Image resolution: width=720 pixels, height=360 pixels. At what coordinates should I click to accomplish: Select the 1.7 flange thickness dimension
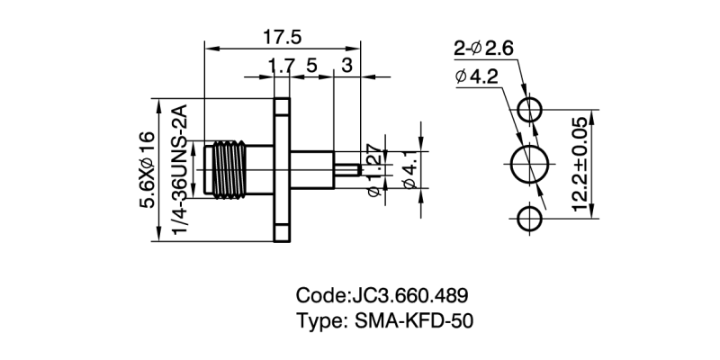282,65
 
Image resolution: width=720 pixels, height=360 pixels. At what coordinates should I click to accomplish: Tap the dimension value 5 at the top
311,65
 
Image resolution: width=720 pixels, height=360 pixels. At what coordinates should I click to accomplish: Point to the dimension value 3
347,65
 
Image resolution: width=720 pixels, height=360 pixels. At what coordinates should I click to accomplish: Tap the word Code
319,295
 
